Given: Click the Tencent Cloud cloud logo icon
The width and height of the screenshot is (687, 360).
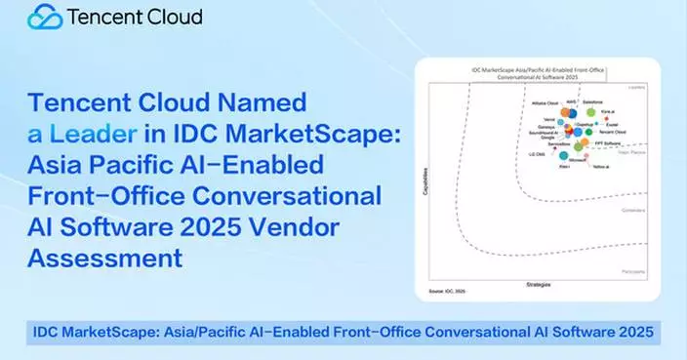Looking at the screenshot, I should tap(45, 17).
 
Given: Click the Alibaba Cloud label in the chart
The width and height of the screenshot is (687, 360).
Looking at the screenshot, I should tap(545, 101).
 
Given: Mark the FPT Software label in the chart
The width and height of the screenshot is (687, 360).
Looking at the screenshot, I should tap(607, 142).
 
